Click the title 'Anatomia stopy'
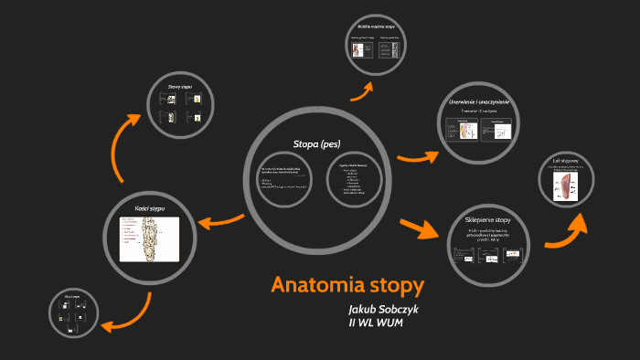coord(347,284)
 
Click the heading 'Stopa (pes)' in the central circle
coord(316,144)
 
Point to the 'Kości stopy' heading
coord(150,208)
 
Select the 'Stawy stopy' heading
coord(179,88)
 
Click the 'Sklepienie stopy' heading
coord(494,220)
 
